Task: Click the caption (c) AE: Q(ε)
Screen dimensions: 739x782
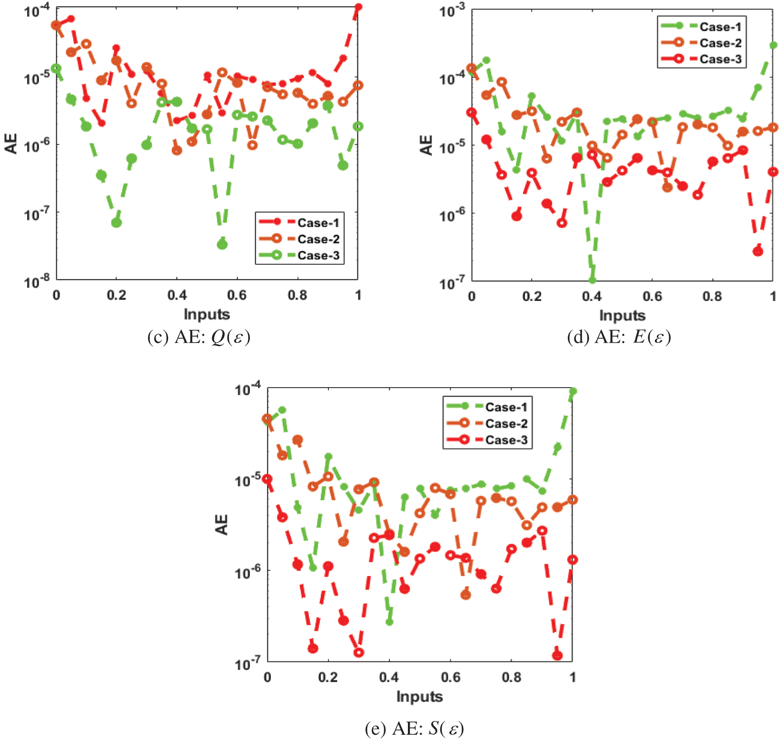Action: point(199,337)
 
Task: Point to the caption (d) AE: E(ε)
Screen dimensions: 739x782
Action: point(619,337)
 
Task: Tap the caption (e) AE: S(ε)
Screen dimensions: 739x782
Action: point(414,729)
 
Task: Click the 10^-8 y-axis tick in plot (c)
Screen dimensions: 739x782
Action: point(37,281)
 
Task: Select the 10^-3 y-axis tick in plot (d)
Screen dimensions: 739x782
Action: point(452,10)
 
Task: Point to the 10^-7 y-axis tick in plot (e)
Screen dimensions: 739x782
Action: point(248,663)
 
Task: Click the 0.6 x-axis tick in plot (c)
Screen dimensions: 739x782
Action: point(237,295)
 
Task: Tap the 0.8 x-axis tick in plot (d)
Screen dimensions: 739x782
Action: point(712,296)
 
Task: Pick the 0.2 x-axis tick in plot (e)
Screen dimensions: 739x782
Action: point(328,677)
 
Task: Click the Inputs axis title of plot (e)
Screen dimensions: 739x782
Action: point(419,697)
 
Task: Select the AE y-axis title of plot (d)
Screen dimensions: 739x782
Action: point(426,145)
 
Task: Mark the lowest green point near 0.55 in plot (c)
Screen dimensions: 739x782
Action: point(222,244)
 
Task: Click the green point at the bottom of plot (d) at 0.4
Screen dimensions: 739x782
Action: point(592,280)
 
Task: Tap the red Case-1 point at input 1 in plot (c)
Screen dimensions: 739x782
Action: point(358,7)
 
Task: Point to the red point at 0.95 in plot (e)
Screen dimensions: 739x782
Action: point(557,656)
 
